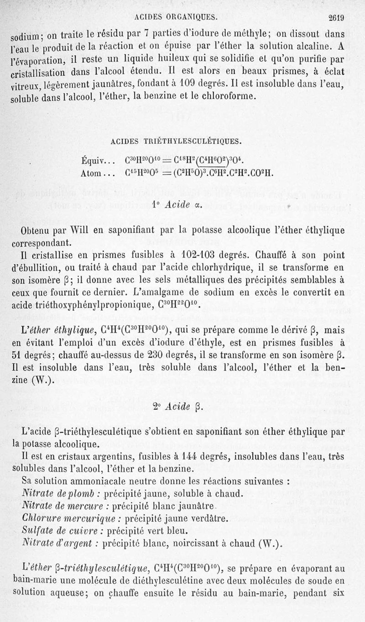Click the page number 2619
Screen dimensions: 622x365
(x=334, y=18)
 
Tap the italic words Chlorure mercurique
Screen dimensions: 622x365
(x=71, y=518)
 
